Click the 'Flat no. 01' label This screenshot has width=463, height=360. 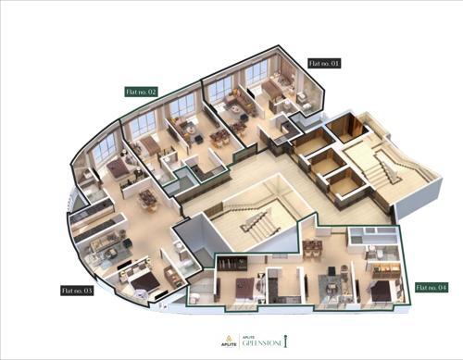pos(324,63)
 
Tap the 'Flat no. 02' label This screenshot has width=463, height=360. pos(143,92)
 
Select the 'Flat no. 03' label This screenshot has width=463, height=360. pos(77,290)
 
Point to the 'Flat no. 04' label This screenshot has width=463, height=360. pos(431,286)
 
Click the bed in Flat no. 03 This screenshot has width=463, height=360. pos(139,277)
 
